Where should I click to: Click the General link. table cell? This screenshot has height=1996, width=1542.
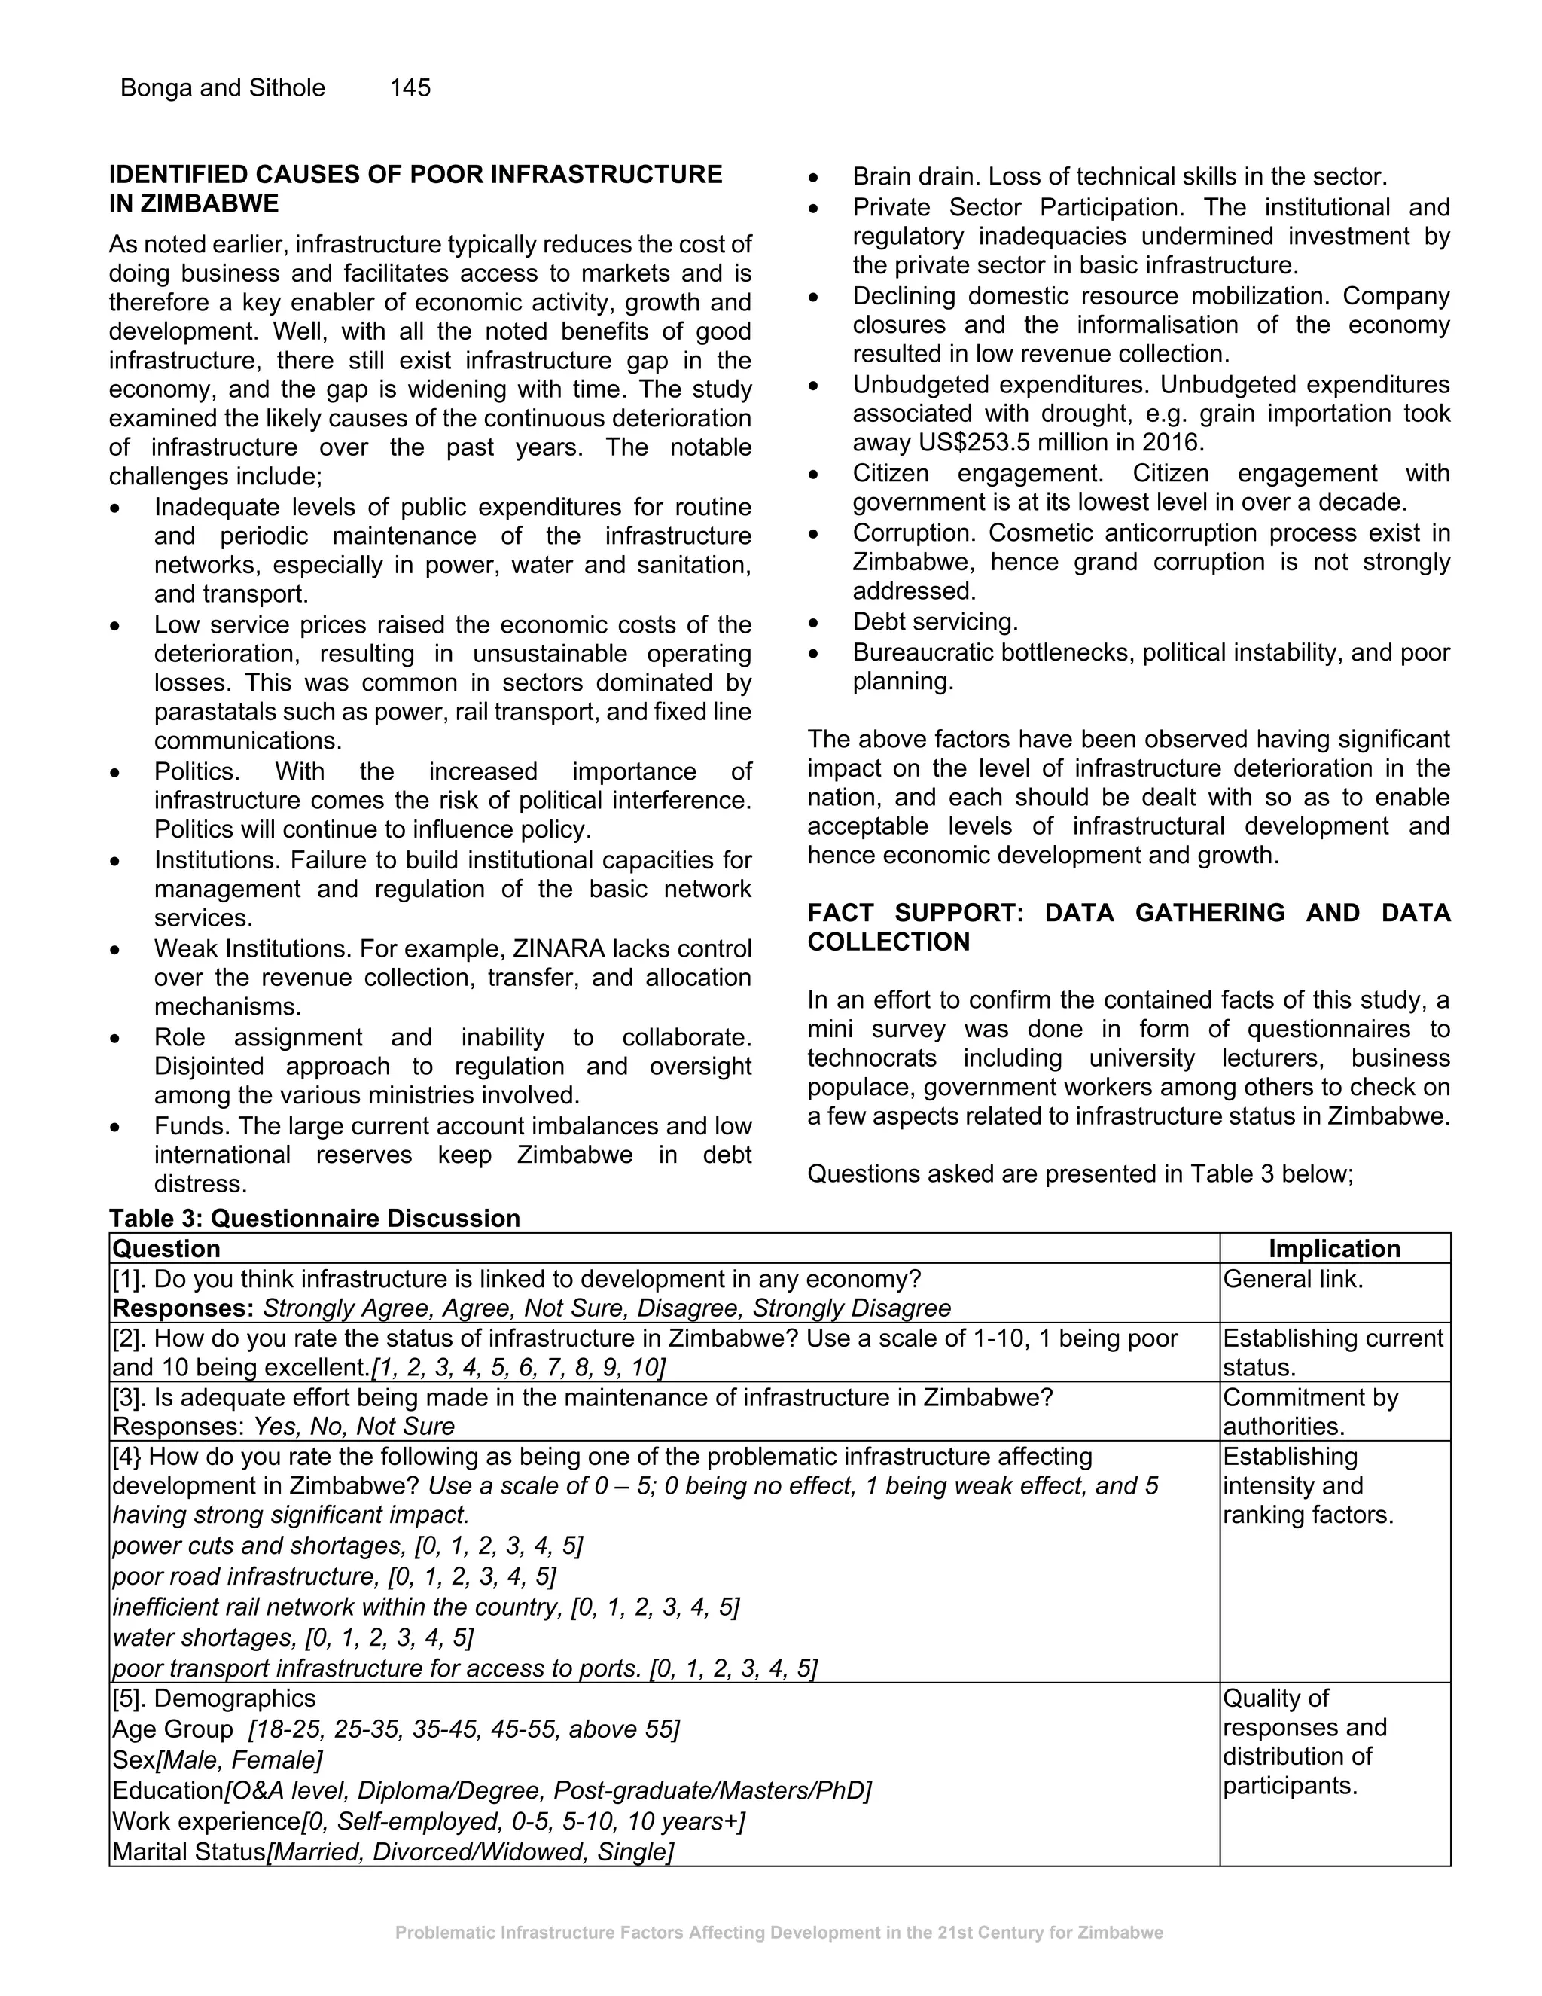[1293, 1279]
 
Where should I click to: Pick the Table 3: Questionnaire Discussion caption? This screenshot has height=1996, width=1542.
[314, 1218]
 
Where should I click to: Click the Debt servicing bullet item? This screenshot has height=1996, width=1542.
[934, 621]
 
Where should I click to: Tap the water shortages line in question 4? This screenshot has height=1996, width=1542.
[293, 1637]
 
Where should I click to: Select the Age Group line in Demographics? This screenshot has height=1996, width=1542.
[395, 1729]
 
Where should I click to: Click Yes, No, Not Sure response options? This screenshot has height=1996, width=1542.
[354, 1426]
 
